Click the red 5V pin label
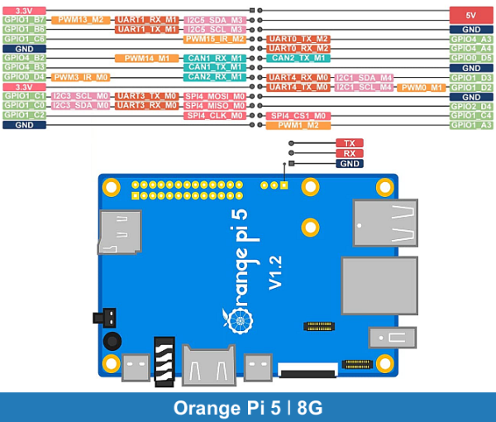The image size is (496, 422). [x=471, y=14]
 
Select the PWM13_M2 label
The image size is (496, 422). [x=81, y=19]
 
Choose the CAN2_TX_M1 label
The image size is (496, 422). [x=298, y=58]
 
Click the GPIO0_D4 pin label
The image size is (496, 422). [x=24, y=77]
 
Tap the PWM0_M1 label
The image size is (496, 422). [x=422, y=87]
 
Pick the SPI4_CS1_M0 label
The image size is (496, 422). [x=298, y=116]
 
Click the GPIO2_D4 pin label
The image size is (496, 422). [x=471, y=106]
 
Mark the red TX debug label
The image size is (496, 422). [x=349, y=143]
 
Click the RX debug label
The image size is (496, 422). [x=349, y=153]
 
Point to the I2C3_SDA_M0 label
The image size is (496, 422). [x=81, y=106]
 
